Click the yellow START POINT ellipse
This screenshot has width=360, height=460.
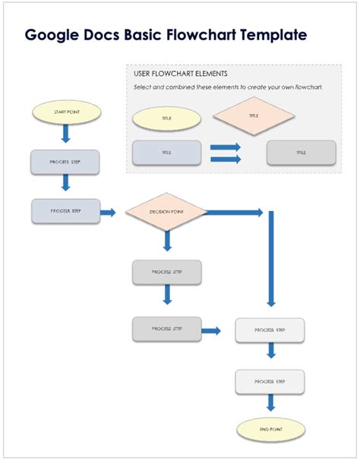tap(66, 112)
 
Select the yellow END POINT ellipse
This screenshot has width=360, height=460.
tap(270, 429)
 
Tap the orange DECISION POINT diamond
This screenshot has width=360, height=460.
tap(166, 212)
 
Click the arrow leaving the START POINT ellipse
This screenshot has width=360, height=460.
tap(65, 134)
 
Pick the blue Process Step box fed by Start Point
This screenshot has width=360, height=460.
tap(65, 162)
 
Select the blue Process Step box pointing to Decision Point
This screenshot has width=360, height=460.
tap(65, 211)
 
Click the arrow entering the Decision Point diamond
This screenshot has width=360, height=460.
tap(108, 213)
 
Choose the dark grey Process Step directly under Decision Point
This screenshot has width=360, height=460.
tap(166, 272)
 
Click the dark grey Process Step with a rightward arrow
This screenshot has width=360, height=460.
tap(166, 329)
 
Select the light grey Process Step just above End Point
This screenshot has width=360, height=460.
tap(270, 381)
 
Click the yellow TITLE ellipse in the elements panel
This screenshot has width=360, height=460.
tap(166, 118)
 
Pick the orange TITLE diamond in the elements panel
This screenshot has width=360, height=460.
tap(253, 116)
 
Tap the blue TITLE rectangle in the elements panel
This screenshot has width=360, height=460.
tap(166, 153)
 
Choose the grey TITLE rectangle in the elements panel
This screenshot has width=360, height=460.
tap(302, 153)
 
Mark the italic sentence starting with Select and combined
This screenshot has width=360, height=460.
tap(228, 87)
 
